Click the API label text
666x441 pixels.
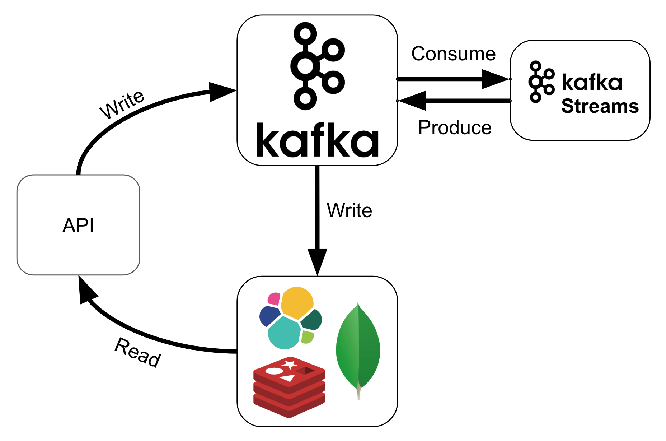coord(78,226)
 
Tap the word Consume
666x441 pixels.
coord(453,54)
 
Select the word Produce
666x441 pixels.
coord(455,128)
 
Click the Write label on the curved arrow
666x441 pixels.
coord(122,104)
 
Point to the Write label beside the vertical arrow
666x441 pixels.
coord(349,210)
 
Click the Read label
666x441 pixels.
coord(138,352)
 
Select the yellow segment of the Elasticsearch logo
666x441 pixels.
coord(297,302)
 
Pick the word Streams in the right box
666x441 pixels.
coord(600,106)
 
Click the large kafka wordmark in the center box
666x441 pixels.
coord(317,140)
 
